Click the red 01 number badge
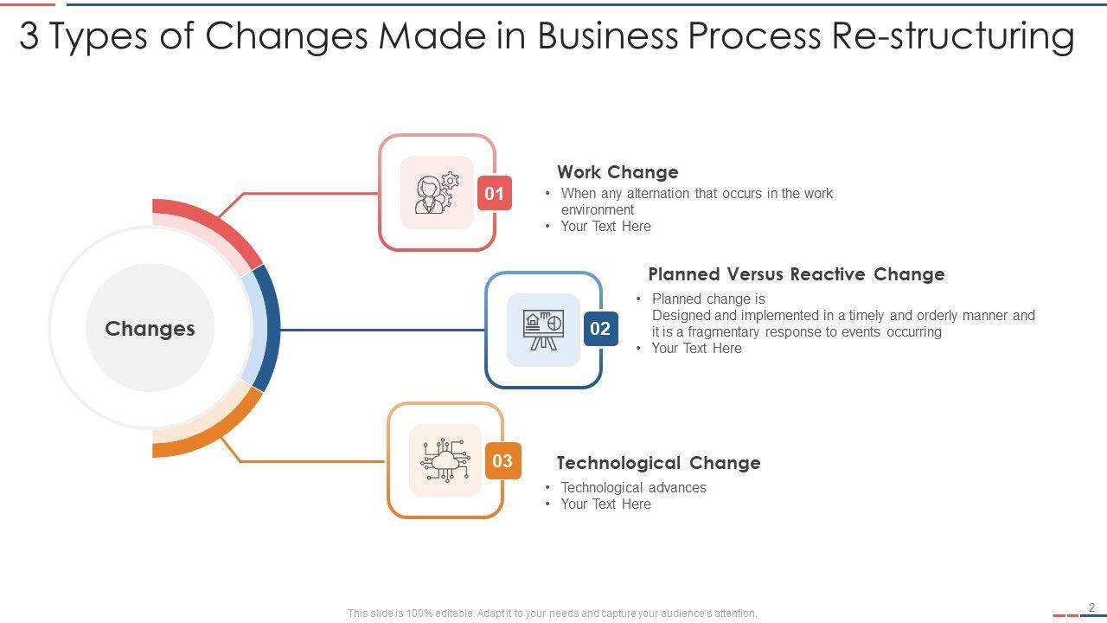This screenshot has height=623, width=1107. (x=494, y=194)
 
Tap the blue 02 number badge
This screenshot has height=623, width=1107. (x=600, y=329)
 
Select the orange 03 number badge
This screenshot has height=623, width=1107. (x=502, y=461)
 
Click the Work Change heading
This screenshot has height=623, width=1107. (x=617, y=172)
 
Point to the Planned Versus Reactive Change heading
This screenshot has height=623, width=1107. (x=796, y=274)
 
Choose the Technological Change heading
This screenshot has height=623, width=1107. (x=658, y=463)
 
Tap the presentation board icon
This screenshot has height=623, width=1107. (x=543, y=330)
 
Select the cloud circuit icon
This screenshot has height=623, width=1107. (x=445, y=460)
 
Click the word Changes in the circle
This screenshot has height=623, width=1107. (x=150, y=329)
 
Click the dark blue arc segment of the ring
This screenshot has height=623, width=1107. (x=271, y=328)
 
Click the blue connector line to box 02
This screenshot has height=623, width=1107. (x=381, y=330)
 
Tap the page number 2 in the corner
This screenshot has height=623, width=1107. (x=1092, y=607)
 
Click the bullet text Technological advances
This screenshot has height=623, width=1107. (x=633, y=488)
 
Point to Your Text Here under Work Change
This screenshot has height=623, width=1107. (x=605, y=227)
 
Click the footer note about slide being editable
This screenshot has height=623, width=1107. (x=552, y=613)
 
